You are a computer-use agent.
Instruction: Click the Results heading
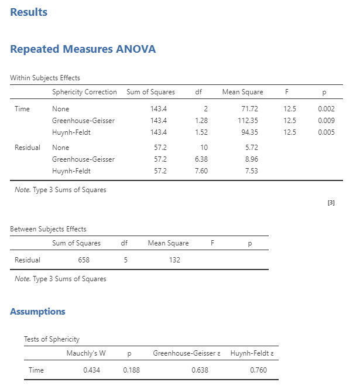click(x=29, y=12)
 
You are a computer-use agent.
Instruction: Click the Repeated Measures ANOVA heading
click(x=83, y=49)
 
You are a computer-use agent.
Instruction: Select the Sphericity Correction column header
click(x=84, y=92)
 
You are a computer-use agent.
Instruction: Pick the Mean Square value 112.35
click(x=248, y=121)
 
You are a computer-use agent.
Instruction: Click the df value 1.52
click(x=201, y=132)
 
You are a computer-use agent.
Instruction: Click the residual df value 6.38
click(x=201, y=159)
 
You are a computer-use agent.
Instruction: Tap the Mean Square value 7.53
click(x=251, y=171)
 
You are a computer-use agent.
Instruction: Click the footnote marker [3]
click(x=331, y=203)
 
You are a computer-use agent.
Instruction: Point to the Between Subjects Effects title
click(x=48, y=229)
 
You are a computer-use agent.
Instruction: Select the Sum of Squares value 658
click(x=84, y=260)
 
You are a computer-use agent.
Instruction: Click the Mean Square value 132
click(x=174, y=260)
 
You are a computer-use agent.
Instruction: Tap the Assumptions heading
click(x=37, y=312)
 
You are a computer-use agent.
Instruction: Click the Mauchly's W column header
click(x=86, y=353)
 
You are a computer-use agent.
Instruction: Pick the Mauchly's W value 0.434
click(x=92, y=370)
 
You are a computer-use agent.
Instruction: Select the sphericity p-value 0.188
click(x=131, y=370)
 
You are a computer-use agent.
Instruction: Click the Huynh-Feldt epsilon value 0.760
click(x=258, y=370)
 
